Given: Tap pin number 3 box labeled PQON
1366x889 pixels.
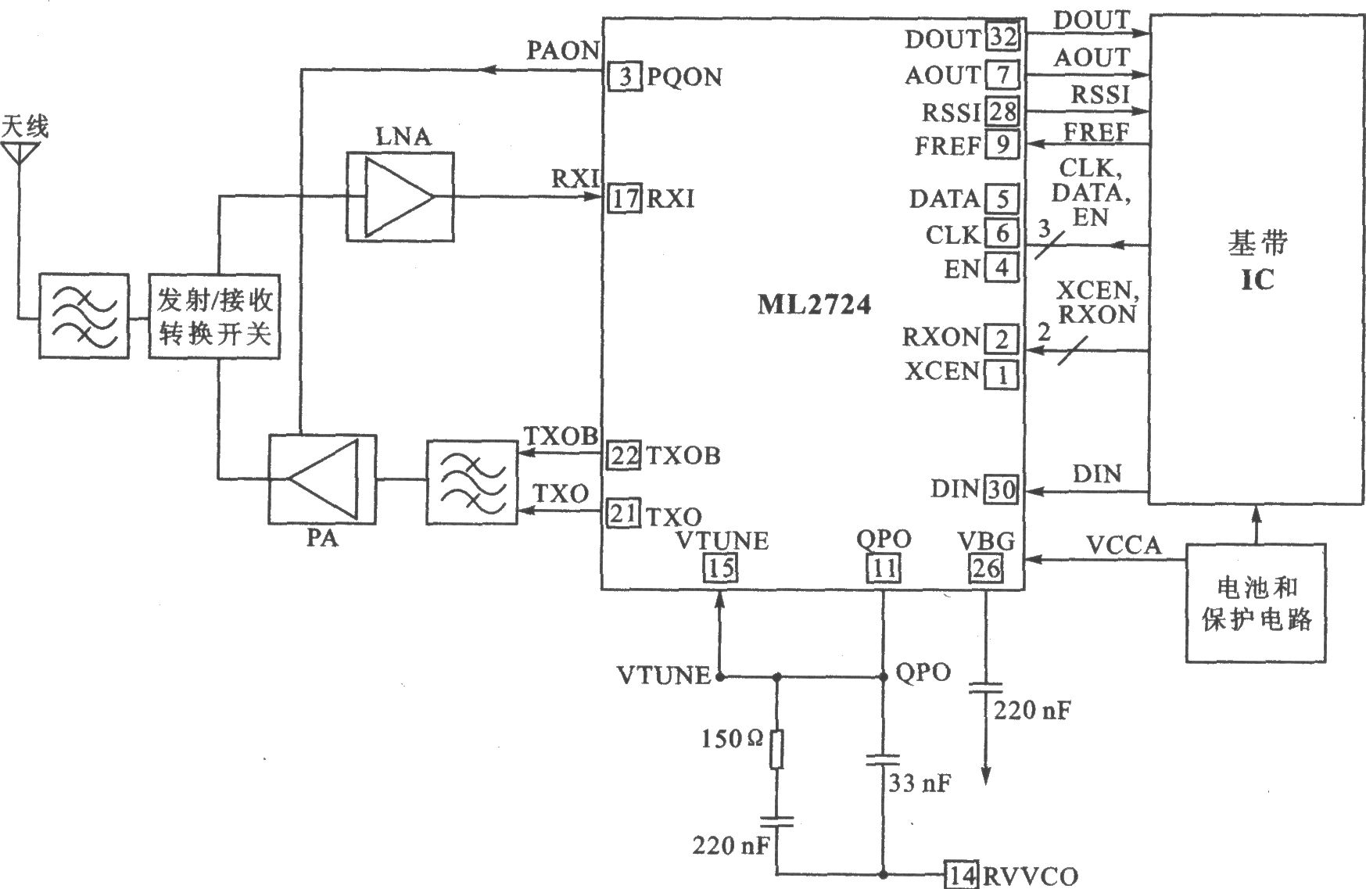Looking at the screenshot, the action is tap(625, 77).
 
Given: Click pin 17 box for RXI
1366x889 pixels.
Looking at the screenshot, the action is tap(625, 198).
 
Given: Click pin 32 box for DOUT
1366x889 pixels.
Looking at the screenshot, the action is tap(1002, 37).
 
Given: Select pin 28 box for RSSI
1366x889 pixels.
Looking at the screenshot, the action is tap(1002, 112).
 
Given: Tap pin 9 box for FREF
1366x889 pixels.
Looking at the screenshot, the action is tap(1002, 145).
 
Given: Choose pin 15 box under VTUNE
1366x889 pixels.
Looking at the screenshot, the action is tap(720, 568).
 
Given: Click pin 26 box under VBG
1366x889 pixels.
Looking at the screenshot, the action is tap(985, 568).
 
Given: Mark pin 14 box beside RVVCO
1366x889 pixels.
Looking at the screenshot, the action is tap(961, 874).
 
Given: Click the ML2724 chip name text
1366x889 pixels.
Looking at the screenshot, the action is tap(814, 304).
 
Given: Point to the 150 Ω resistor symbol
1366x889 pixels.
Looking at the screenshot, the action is tap(776, 749).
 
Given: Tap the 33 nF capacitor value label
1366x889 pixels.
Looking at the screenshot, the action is tap(920, 783).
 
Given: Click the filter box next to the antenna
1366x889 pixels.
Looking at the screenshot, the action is tap(84, 316).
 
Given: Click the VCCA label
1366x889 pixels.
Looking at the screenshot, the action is tap(1124, 545).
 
